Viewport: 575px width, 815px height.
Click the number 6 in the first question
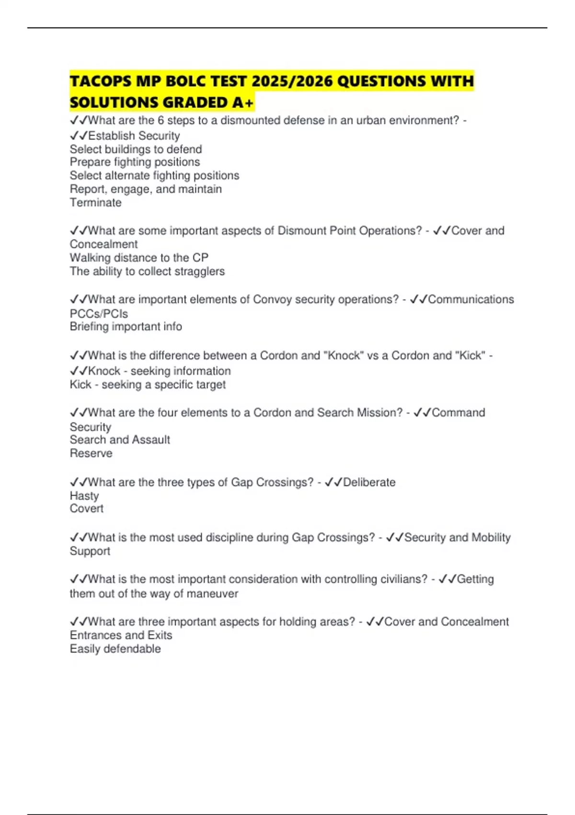(161, 120)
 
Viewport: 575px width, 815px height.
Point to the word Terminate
(95, 203)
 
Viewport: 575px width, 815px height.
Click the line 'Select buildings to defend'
(136, 149)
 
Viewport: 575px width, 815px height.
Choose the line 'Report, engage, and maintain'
(146, 189)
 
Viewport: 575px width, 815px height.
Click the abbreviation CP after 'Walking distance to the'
(200, 258)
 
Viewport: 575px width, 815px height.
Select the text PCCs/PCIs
(99, 314)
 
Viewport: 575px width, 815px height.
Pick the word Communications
(471, 300)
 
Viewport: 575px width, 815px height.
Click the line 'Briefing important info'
(126, 327)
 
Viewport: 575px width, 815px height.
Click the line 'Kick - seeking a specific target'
(148, 385)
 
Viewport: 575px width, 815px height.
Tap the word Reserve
(91, 454)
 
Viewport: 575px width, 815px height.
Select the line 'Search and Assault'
(120, 440)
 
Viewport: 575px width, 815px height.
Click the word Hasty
(84, 496)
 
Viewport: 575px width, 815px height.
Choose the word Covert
(86, 509)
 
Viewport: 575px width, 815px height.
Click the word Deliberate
(369, 482)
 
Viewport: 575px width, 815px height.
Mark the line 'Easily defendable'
(115, 649)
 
